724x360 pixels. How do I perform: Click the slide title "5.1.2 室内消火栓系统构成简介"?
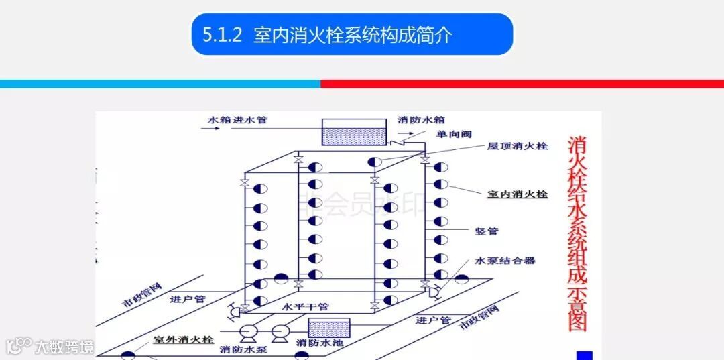(352, 35)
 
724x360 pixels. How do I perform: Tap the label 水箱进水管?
(237, 120)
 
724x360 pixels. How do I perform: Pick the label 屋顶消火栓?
(517, 146)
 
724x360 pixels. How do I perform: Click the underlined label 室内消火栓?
(517, 194)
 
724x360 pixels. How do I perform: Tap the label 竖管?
(487, 231)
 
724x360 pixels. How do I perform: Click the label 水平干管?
(305, 307)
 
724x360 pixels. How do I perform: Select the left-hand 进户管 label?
(188, 299)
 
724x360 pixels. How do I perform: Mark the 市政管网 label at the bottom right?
(479, 317)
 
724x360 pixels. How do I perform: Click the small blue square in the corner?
(585, 355)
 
